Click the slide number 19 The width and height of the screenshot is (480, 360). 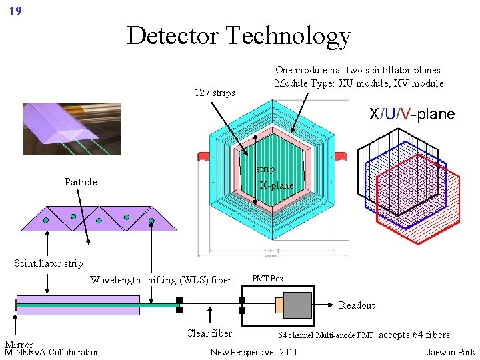tap(15, 11)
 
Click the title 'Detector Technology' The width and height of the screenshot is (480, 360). tap(239, 35)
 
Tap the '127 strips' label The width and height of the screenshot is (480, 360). tap(215, 93)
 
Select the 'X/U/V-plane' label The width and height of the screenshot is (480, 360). tap(412, 114)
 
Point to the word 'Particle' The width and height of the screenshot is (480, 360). tap(81, 182)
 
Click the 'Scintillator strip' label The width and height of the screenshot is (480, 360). tap(49, 263)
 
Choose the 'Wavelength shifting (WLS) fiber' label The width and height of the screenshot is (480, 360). tap(161, 280)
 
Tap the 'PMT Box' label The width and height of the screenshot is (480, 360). tap(267, 279)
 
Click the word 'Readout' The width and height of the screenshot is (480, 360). tap(357, 305)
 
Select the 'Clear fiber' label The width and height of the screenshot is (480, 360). tap(209, 333)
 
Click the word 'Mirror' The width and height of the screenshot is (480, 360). tap(19, 345)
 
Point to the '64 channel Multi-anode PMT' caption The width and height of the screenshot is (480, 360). tap(325, 335)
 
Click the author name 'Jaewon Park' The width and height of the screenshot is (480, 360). tap(451, 352)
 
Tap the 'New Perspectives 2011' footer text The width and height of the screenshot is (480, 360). tap(254, 352)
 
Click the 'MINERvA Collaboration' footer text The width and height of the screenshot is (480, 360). tap(52, 352)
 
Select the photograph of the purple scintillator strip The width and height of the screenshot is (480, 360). tap(72, 128)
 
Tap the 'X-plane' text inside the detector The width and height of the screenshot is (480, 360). tap(277, 185)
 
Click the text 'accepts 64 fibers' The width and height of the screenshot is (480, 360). tap(414, 335)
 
